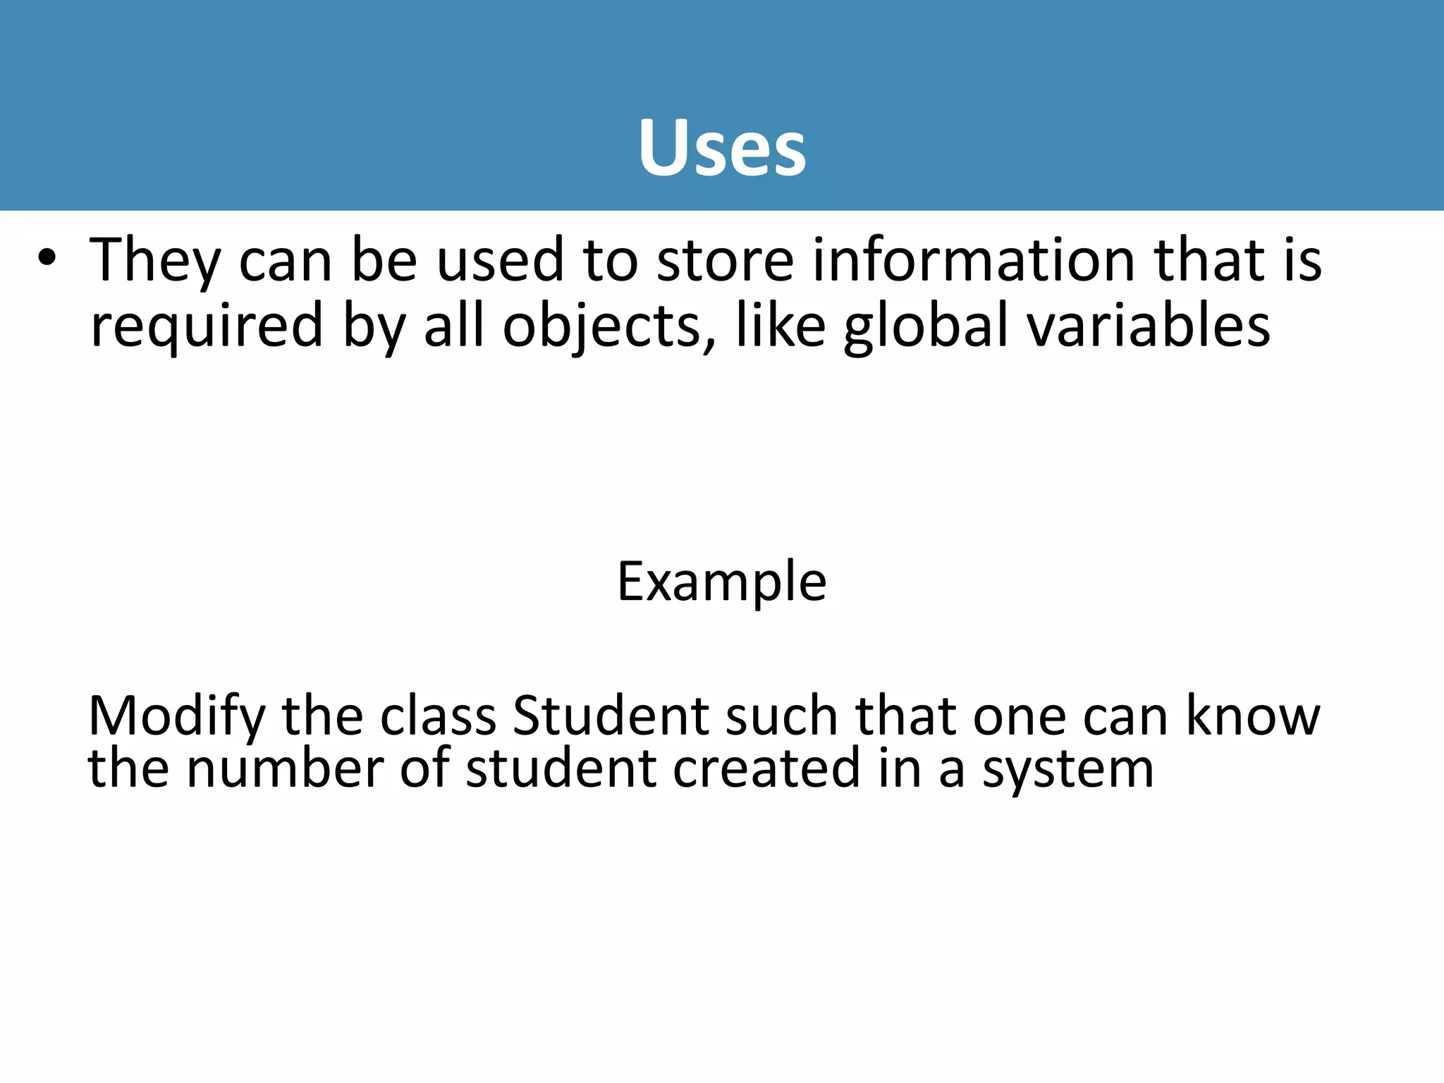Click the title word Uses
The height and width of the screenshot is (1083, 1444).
pos(722,148)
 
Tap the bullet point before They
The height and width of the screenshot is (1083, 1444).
pos(47,259)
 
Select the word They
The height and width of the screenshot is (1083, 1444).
pos(155,261)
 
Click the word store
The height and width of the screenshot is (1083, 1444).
pos(725,261)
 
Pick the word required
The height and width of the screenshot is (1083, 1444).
pos(207,326)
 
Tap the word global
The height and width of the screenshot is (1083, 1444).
pos(925,326)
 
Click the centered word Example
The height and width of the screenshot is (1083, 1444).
pos(722,582)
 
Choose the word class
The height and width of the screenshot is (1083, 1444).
pos(438,716)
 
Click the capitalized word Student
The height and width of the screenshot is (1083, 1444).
pos(611,716)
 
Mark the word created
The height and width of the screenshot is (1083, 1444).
pos(766,768)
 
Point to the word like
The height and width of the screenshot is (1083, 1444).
pos(780,325)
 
